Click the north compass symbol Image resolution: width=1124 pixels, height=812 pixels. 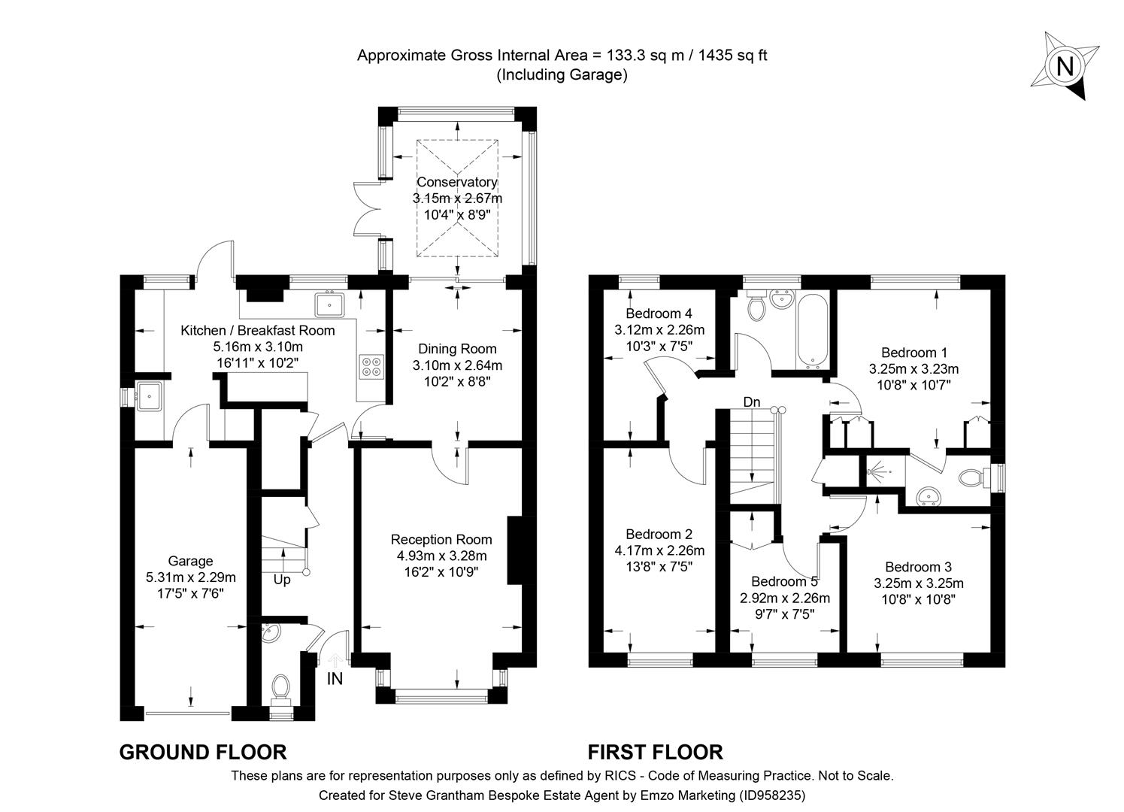1064,66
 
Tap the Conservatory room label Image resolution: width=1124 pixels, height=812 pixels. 456,182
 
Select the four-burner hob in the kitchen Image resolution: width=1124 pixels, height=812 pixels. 371,365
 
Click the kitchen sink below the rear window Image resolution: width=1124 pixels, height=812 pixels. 330,304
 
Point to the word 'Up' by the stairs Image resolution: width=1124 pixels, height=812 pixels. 281,580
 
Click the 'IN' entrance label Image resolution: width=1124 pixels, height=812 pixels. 335,679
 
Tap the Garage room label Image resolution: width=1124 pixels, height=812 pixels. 190,561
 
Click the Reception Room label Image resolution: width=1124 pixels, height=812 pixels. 441,540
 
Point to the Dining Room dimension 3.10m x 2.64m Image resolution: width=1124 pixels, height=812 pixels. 457,365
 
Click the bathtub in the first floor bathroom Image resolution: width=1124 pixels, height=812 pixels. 813,332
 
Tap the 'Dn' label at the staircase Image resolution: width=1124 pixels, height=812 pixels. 751,402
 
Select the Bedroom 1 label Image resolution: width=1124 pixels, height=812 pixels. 913,352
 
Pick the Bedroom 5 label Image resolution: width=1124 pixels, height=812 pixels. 784,581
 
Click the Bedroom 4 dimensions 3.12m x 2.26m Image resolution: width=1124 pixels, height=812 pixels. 659,329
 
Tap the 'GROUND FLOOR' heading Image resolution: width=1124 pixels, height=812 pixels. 203,752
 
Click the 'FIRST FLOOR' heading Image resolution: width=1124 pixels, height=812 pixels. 655,752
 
